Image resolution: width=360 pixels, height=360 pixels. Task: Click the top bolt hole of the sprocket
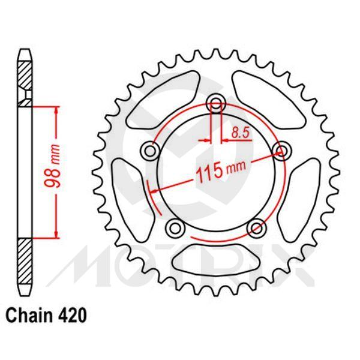coord(217,102)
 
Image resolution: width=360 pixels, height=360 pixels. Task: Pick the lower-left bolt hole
coord(174,227)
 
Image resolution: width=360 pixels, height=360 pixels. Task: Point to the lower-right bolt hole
coord(256,227)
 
